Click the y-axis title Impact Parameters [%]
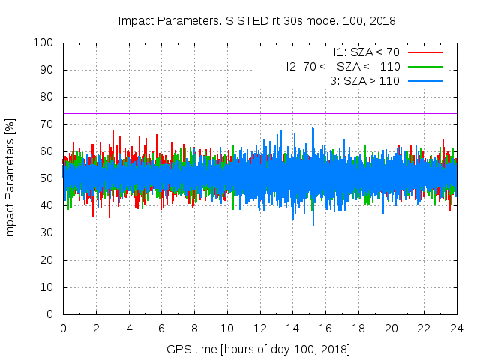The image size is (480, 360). [10, 178]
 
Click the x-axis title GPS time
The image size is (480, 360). [259, 349]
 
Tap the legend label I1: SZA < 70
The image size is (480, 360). [367, 52]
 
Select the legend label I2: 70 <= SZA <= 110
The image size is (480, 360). [343, 66]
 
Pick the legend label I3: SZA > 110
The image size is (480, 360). [363, 80]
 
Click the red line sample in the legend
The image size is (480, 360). [424, 52]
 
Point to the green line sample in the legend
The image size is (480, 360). [424, 66]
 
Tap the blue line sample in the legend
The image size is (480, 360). [424, 80]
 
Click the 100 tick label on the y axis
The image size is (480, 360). [43, 43]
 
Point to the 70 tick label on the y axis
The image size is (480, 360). [46, 124]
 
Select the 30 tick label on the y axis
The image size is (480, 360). [46, 233]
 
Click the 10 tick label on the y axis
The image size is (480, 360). [46, 287]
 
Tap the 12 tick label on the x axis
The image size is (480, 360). [259, 328]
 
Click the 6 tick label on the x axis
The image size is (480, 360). [161, 328]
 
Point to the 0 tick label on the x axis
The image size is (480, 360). [63, 328]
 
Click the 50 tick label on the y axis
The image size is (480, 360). [46, 178]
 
